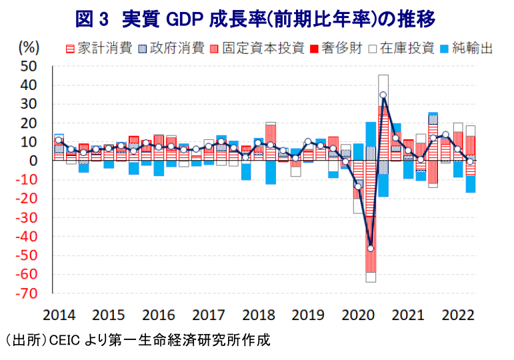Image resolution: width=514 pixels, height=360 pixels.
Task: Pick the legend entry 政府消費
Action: [x=170, y=49]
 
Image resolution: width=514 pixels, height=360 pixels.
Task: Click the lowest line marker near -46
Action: [x=370, y=249]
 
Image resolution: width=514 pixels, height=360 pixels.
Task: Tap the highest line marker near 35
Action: [x=383, y=95]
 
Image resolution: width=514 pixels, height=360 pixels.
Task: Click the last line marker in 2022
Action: [x=471, y=161]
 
